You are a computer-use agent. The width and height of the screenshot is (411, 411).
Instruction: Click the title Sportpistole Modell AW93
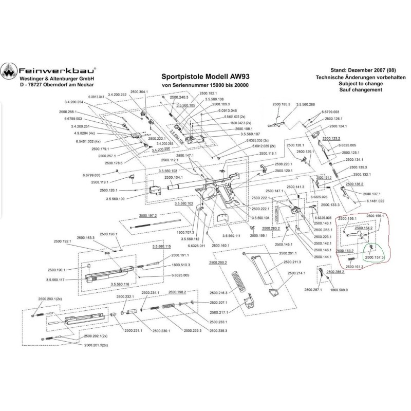coord(205,74)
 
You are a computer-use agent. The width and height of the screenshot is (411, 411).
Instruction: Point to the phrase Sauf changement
coord(361,90)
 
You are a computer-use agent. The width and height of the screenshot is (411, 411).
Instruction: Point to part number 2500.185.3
coord(279,104)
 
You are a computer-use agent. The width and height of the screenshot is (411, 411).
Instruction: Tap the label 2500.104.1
coord(175,178)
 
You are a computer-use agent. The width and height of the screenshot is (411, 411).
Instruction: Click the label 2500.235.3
coord(194,331)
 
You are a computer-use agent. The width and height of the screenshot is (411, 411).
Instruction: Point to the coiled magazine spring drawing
coord(238,282)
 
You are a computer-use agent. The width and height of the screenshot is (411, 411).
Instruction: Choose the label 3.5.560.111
coord(232,235)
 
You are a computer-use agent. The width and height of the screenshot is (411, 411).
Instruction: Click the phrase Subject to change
coord(361,83)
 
